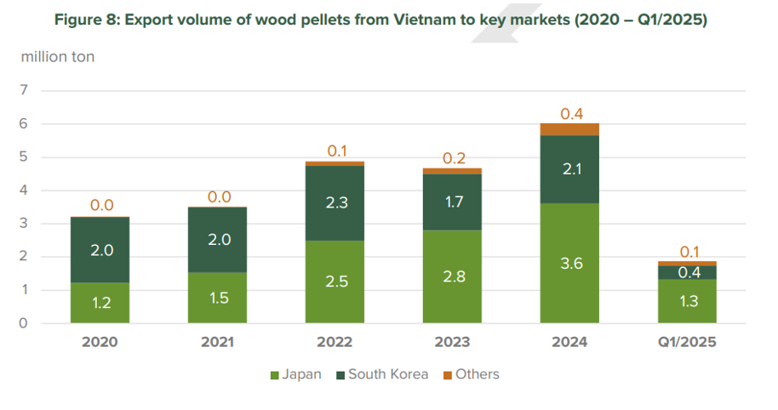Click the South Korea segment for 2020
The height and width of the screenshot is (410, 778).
(100, 250)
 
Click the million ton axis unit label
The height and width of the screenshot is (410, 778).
(58, 57)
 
